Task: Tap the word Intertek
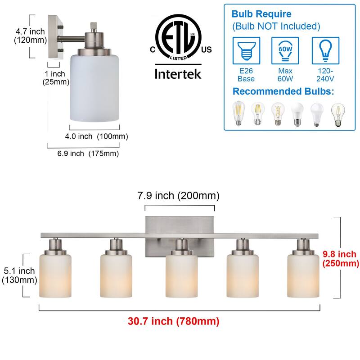pyautogui.click(x=178, y=74)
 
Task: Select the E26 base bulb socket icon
pyautogui.click(x=246, y=50)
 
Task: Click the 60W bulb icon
pyautogui.click(x=285, y=50)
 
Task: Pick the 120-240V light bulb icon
pyautogui.click(x=325, y=50)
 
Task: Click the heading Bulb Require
pyautogui.click(x=261, y=14)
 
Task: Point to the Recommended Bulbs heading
pyautogui.click(x=283, y=91)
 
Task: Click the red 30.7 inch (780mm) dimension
pyautogui.click(x=173, y=321)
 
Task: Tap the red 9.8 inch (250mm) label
pyautogui.click(x=341, y=259)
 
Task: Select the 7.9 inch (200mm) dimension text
pyautogui.click(x=178, y=196)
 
